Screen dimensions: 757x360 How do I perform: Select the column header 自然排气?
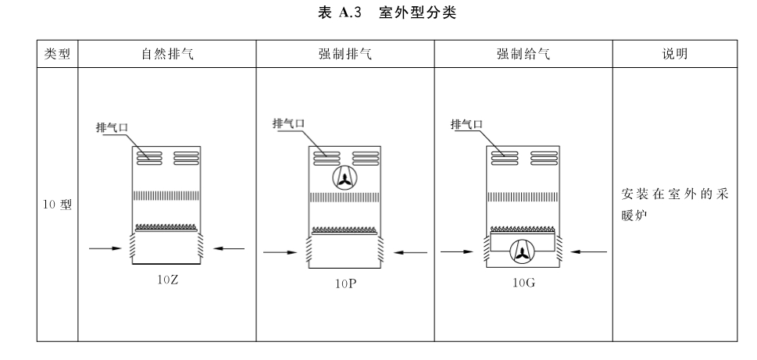point(167,54)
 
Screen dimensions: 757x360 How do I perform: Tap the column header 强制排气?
point(345,54)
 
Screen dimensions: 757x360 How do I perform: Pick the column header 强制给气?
point(523,54)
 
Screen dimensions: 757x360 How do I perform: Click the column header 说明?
point(675,54)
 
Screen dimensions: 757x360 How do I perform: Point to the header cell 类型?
point(58,54)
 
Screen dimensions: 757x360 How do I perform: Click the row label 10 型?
point(58,205)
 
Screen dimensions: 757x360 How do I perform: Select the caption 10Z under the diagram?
point(167,280)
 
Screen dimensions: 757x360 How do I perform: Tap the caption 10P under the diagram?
point(345,283)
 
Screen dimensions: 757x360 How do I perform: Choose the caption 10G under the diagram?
point(524,283)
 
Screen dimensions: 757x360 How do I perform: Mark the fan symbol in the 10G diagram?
point(523,251)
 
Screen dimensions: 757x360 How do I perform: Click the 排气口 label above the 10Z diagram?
point(112,127)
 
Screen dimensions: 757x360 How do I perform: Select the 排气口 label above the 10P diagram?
point(289,123)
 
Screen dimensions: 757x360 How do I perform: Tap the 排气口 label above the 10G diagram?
point(467,124)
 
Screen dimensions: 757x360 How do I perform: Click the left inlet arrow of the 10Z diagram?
point(105,248)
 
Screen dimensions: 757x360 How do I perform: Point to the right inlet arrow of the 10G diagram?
point(588,251)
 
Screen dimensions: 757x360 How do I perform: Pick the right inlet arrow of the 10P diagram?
point(410,252)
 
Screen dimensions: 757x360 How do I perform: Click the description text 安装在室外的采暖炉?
point(674,205)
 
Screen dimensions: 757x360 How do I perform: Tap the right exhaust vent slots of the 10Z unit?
point(187,158)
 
